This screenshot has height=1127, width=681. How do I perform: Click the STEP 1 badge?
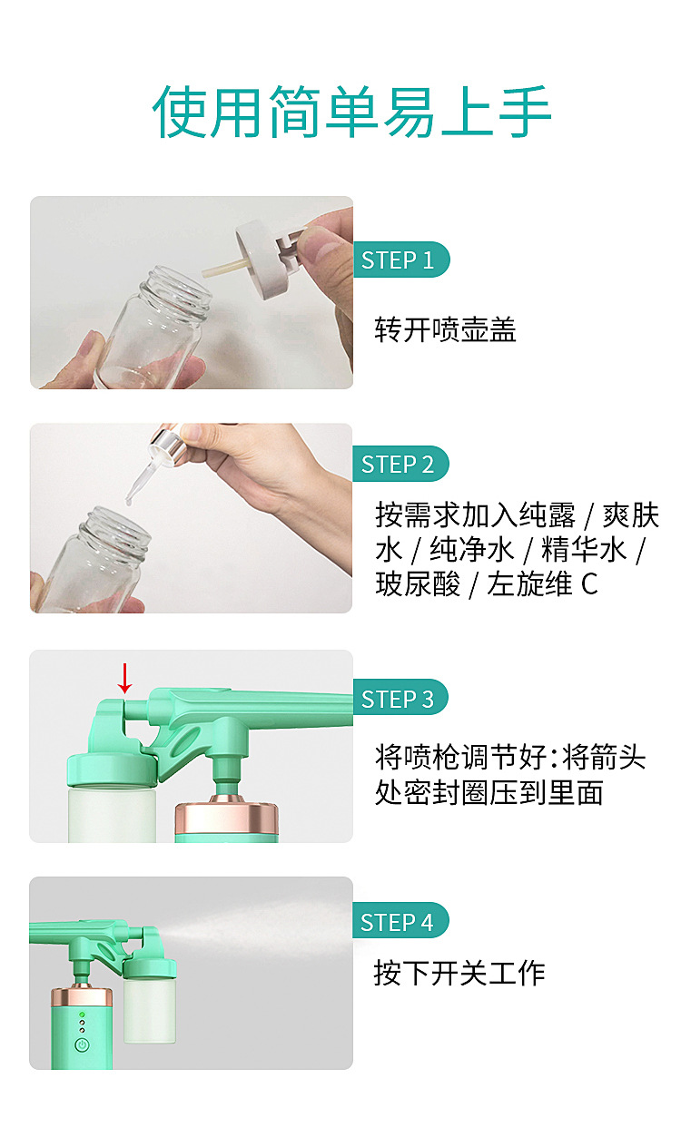[401, 260]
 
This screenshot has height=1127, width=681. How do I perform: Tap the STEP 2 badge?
[400, 464]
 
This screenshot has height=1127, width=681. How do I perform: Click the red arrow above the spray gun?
[124, 678]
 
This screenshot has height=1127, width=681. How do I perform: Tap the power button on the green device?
[82, 1045]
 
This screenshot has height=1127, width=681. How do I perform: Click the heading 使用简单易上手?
[351, 112]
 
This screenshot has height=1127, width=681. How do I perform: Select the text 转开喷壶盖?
[445, 329]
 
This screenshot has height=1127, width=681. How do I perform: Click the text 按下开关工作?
[459, 973]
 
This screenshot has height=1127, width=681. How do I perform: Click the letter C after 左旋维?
[589, 584]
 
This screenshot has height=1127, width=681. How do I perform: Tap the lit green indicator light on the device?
[82, 1014]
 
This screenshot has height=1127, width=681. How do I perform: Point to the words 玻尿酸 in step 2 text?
[418, 584]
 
